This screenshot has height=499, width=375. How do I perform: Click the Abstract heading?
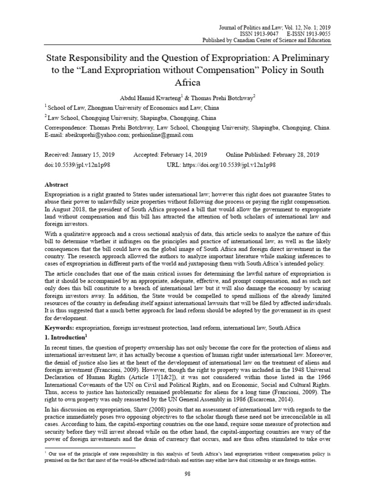click(x=57, y=185)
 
